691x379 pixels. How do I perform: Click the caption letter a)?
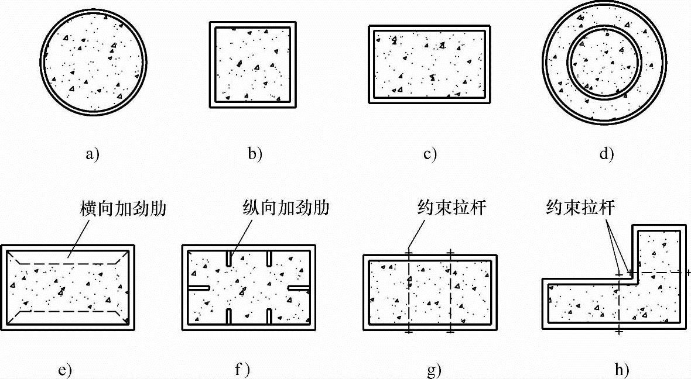click(x=93, y=154)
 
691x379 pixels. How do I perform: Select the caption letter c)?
click(x=430, y=154)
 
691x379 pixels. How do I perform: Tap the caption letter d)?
click(x=606, y=154)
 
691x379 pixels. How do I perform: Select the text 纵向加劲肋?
click(x=286, y=209)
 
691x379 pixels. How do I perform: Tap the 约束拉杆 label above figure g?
click(x=451, y=208)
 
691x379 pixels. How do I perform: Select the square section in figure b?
click(x=252, y=64)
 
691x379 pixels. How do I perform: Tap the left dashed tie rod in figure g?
click(x=408, y=292)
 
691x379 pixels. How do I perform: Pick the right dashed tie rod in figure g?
click(x=450, y=292)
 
